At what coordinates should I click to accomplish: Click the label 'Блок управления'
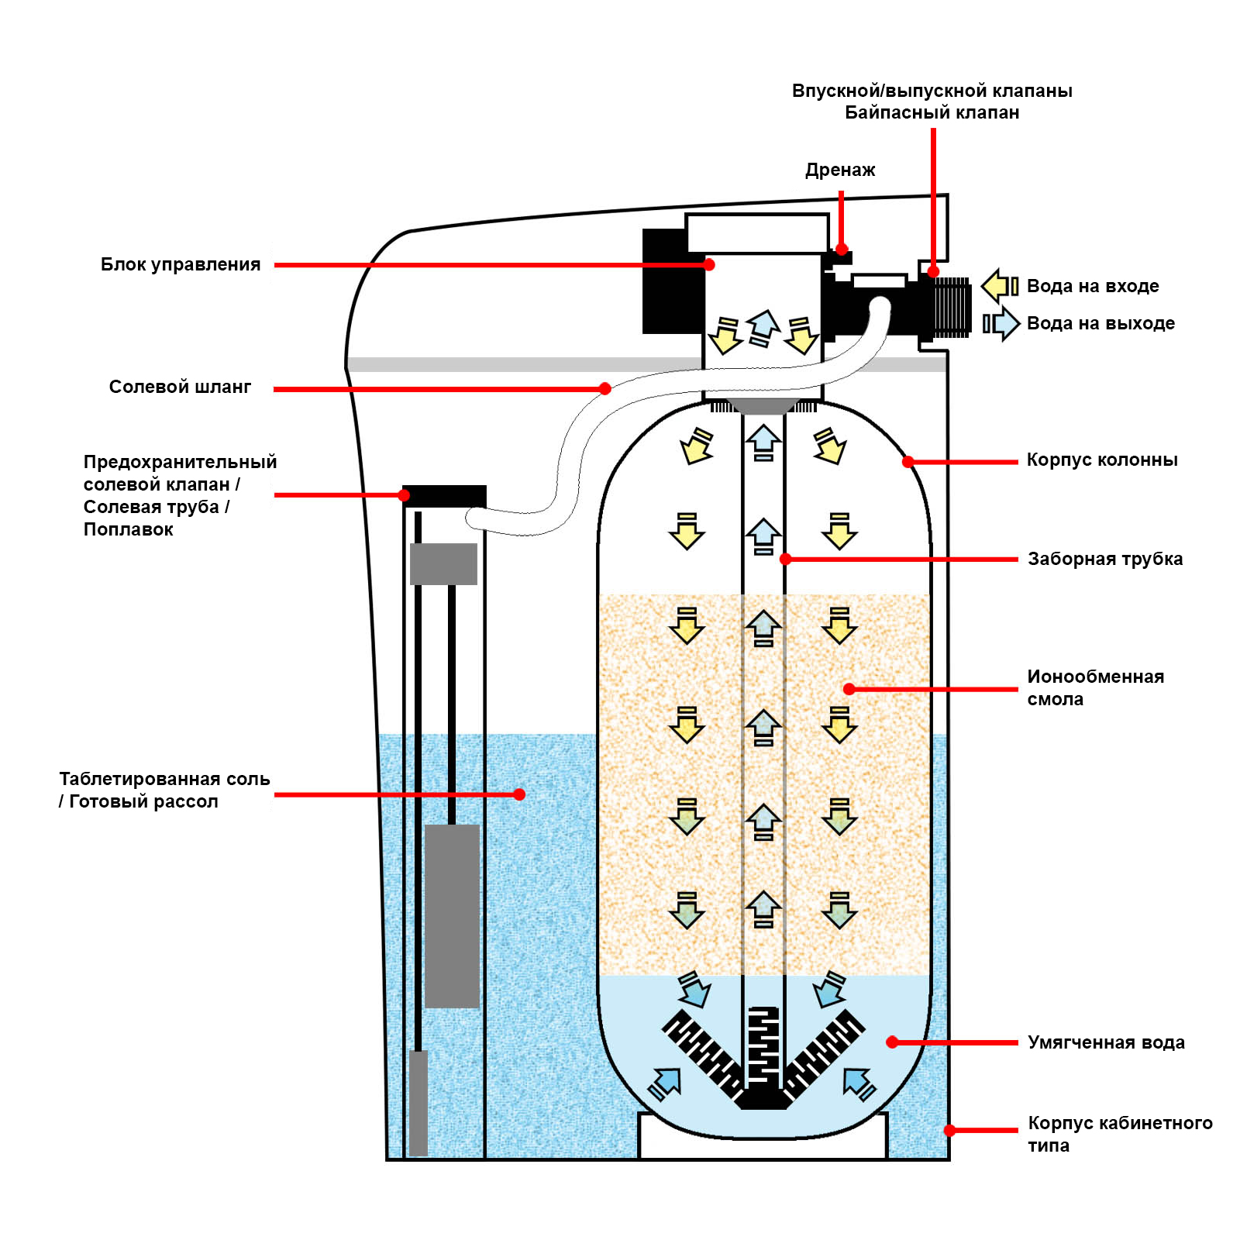pyautogui.click(x=181, y=265)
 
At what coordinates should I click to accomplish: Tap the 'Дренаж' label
pyautogui.click(x=840, y=170)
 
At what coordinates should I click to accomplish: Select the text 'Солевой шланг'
pyautogui.click(x=180, y=387)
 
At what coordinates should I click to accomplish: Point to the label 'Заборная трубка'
pyautogui.click(x=1105, y=560)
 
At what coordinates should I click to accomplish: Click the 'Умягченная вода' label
pyautogui.click(x=1106, y=1043)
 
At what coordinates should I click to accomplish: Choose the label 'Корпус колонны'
pyautogui.click(x=1102, y=460)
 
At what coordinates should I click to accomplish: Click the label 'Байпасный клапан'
pyautogui.click(x=932, y=113)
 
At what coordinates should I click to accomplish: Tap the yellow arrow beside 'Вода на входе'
pyautogui.click(x=1000, y=286)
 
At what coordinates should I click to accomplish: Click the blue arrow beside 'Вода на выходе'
pyautogui.click(x=1001, y=323)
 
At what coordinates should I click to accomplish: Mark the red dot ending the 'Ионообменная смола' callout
pyautogui.click(x=849, y=689)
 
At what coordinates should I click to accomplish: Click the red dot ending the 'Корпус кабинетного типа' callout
pyautogui.click(x=949, y=1131)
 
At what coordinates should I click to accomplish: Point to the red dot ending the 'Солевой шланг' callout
pyautogui.click(x=605, y=389)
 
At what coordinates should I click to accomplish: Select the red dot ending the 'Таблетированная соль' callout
pyautogui.click(x=519, y=794)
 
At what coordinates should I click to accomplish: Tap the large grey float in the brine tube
pyautogui.click(x=452, y=916)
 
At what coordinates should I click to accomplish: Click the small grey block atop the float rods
pyautogui.click(x=443, y=564)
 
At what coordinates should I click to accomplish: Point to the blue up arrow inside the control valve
pyautogui.click(x=763, y=327)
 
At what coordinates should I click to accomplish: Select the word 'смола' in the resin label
pyautogui.click(x=1055, y=700)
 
